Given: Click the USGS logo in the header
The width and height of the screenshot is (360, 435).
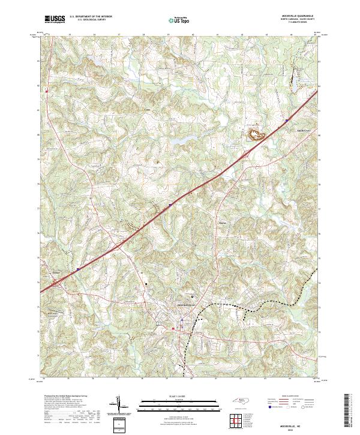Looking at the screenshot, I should (55, 19).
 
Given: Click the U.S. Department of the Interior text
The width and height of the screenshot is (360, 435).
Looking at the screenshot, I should (91, 17).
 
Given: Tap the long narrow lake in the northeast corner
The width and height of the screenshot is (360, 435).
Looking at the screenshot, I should (295, 75).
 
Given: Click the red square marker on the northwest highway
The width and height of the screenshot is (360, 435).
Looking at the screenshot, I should (46, 91).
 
